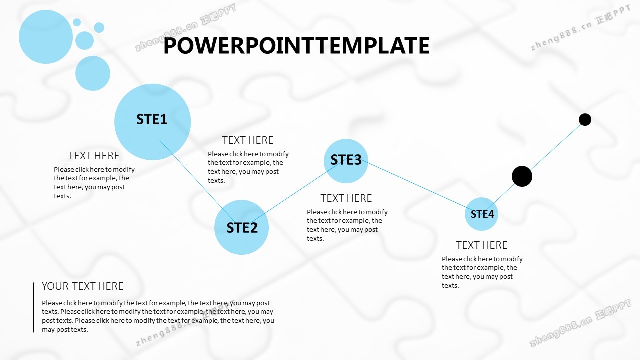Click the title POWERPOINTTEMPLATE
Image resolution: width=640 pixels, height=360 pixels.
coord(296,45)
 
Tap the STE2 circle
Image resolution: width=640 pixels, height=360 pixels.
coord(241,227)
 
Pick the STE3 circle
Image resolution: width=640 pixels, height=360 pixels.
coord(346,161)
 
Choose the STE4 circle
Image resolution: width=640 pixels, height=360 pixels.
coord(481,214)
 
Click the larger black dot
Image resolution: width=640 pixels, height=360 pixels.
coord(522,176)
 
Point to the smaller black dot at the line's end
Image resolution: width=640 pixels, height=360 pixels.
coord(585,119)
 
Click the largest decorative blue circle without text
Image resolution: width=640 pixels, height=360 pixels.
coord(46,37)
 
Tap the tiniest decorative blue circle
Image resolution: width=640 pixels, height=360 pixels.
coord(77,22)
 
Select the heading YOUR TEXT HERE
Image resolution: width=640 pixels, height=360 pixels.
coord(83,286)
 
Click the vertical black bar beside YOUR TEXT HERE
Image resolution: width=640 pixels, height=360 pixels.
coord(33,307)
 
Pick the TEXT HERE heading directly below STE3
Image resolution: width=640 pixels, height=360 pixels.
coord(346,198)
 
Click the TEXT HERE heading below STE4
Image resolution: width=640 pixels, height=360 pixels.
coord(481,245)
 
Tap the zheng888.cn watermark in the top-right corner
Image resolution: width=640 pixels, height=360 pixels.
coord(580,28)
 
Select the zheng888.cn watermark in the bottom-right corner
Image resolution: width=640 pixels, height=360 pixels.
coord(580,323)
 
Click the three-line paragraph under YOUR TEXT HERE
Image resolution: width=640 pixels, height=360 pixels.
coord(158,316)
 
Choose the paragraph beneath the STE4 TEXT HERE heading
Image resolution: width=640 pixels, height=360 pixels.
coord(482,272)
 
